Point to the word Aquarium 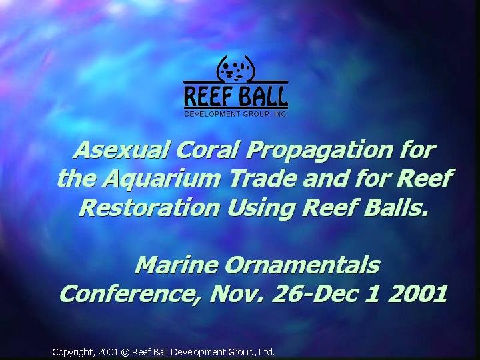point(161,180)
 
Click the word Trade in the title point(263,178)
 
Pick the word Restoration point(150,207)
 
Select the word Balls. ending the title point(395,207)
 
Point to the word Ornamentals point(303,265)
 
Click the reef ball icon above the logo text point(236,69)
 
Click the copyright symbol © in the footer point(125,353)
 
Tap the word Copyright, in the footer point(74,353)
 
